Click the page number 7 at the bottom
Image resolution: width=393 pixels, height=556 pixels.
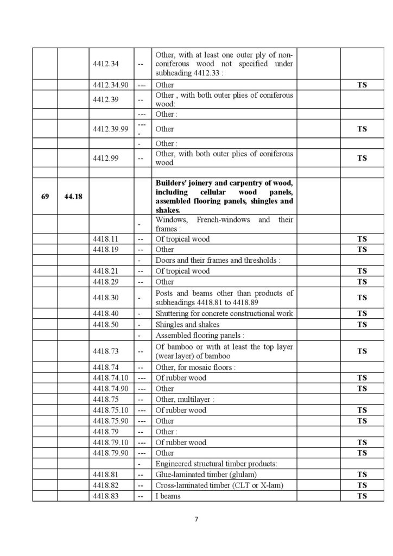pyautogui.click(x=196, y=519)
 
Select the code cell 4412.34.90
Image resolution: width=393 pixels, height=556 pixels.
pyautogui.click(x=111, y=85)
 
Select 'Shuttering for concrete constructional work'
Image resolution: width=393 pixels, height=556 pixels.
pyautogui.click(x=224, y=314)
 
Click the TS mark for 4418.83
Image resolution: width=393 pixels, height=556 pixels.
pyautogui.click(x=362, y=496)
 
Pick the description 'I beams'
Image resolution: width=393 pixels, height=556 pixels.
pyautogui.click(x=168, y=496)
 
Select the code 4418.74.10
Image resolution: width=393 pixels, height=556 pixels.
pyautogui.click(x=111, y=378)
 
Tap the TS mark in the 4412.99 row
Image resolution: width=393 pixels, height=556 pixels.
pyautogui.click(x=362, y=158)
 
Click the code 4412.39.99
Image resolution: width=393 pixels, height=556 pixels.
pyautogui.click(x=111, y=129)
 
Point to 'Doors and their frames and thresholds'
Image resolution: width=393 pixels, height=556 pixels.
pyautogui.click(x=218, y=261)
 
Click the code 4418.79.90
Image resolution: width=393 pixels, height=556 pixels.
pyautogui.click(x=111, y=453)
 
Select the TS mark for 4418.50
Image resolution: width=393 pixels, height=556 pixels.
pyautogui.click(x=362, y=325)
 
